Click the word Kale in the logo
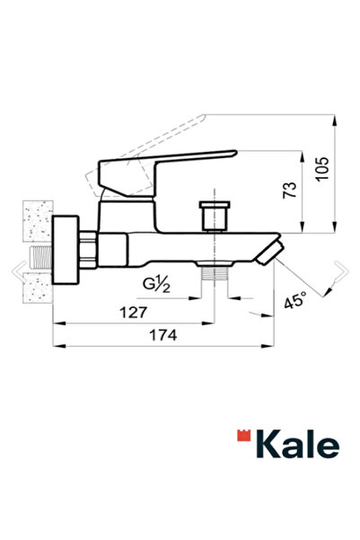[299, 444]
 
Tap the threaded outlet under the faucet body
[214, 272]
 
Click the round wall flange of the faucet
[65, 251]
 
